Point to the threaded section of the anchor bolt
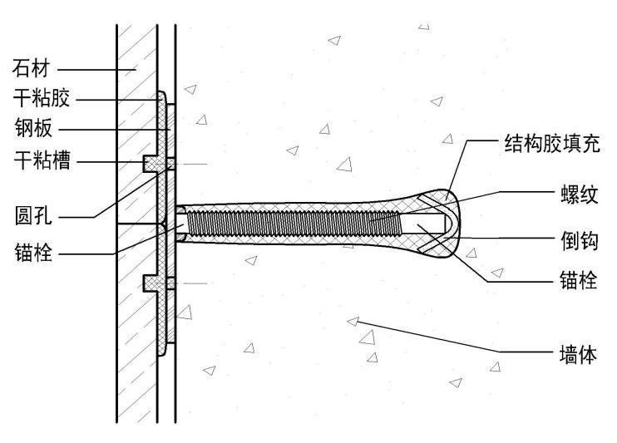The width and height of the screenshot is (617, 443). pos(291,222)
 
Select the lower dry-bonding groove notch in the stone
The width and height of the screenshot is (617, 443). pos(152,283)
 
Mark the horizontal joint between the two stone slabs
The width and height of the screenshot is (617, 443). pos(137,224)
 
